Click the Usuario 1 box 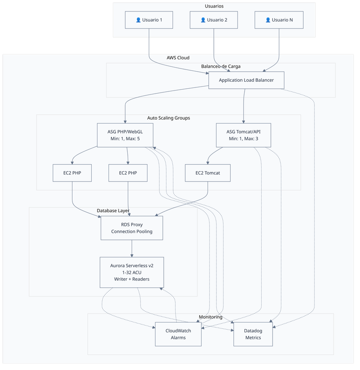click(148, 20)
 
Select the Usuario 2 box click(214, 20)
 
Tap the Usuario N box click(279, 20)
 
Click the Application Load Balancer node click(246, 80)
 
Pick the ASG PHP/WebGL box click(125, 134)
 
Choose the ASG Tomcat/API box click(243, 134)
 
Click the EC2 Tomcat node click(208, 173)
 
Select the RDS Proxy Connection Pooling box click(132, 228)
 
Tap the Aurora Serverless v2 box click(132, 272)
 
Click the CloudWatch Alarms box click(178, 334)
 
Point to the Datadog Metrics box click(252, 334)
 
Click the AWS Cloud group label click(178, 58)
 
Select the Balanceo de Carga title click(220, 66)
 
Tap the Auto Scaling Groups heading click(168, 118)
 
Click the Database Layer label click(113, 211)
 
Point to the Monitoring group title click(210, 317)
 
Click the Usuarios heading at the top click(214, 6)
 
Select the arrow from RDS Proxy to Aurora click(132, 248)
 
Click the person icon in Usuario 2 click(203, 20)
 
